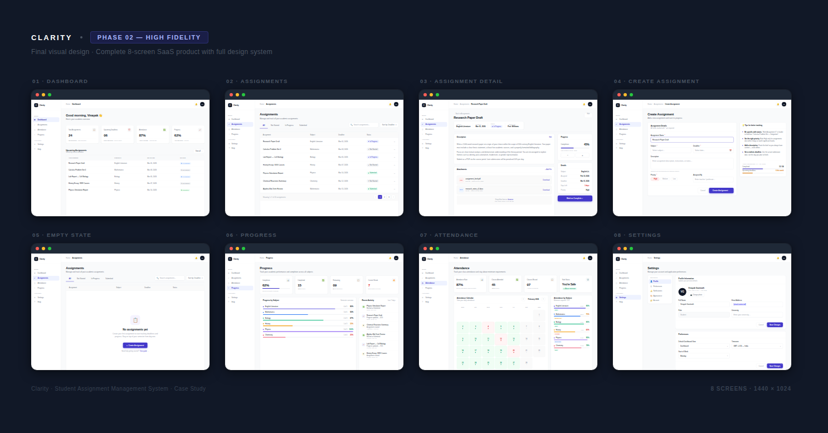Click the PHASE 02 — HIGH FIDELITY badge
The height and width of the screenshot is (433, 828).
click(x=149, y=37)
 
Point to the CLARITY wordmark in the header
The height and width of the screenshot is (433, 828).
click(x=52, y=37)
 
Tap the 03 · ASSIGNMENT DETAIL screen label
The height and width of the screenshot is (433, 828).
click(x=461, y=81)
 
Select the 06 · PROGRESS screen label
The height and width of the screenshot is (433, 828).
click(x=251, y=235)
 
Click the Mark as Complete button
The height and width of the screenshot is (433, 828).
click(x=574, y=198)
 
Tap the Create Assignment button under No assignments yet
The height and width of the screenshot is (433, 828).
click(x=135, y=346)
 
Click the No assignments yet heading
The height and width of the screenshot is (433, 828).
click(x=135, y=329)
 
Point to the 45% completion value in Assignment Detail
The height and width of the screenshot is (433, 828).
click(x=586, y=144)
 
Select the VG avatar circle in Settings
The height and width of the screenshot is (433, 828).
click(x=682, y=291)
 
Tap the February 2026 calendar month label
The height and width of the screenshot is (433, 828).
click(x=533, y=299)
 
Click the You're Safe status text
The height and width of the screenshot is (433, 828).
click(x=569, y=284)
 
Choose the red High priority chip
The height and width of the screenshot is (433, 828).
click(x=655, y=179)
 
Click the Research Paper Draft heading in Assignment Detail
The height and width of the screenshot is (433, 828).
click(x=468, y=118)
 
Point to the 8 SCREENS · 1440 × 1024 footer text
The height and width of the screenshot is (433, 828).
click(x=751, y=388)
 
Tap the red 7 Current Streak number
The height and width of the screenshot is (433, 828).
click(x=369, y=285)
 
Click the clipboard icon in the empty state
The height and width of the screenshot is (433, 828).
click(x=135, y=320)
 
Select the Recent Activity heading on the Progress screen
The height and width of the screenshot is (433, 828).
click(x=368, y=300)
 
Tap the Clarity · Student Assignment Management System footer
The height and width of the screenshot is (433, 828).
click(x=118, y=388)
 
